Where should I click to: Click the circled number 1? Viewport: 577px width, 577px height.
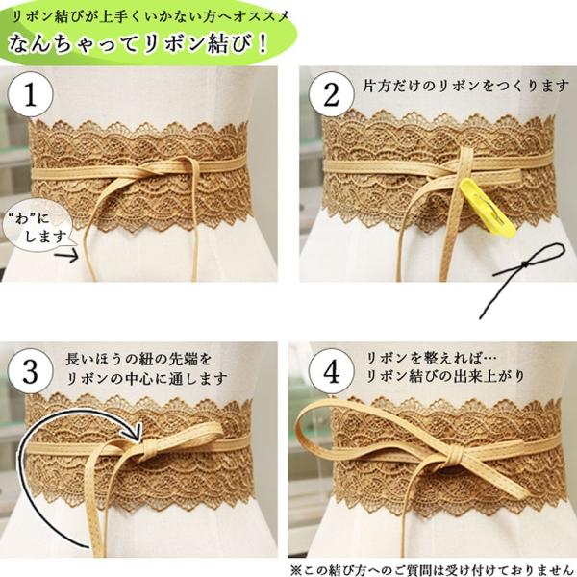(31, 94)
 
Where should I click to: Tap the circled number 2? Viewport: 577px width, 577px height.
(331, 94)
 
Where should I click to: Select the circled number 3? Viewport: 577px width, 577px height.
(31, 371)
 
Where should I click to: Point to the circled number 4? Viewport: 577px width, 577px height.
(331, 371)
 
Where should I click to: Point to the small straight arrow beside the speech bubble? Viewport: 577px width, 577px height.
(66, 255)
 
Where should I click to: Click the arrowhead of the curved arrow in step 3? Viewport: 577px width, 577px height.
(137, 432)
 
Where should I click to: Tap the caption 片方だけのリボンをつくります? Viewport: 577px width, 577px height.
(465, 87)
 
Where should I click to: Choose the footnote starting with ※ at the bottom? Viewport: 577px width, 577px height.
(433, 570)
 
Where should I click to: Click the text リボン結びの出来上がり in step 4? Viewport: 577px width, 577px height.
(445, 376)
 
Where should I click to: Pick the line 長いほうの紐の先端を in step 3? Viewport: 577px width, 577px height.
(138, 359)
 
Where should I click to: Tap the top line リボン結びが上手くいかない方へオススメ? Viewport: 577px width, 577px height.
(150, 17)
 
